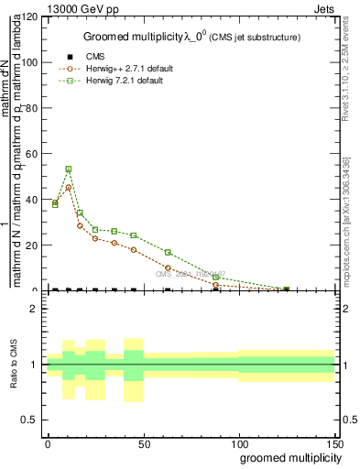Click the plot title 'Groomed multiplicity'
click(x=134, y=37)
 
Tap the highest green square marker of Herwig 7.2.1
click(x=69, y=169)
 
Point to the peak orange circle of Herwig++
click(x=69, y=187)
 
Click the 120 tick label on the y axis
click(x=29, y=17)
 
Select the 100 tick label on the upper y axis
click(x=29, y=63)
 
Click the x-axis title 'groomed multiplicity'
click(x=288, y=458)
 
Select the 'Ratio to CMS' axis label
click(x=13, y=365)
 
